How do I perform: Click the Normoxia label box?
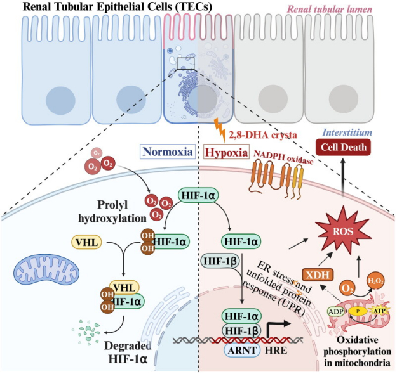click(x=168, y=152)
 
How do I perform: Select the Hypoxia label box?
click(x=226, y=152)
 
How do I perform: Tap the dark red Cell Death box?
click(x=343, y=147)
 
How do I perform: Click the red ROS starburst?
click(x=343, y=231)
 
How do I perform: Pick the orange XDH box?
click(x=318, y=275)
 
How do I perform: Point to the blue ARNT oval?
click(x=242, y=351)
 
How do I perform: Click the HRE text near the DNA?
click(x=276, y=351)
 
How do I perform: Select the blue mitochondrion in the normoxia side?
click(x=46, y=271)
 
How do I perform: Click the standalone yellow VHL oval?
click(x=87, y=242)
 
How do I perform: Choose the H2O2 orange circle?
click(x=376, y=281)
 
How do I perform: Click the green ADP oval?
click(x=336, y=311)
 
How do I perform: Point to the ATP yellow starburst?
click(x=379, y=311)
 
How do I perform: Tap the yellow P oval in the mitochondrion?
click(x=358, y=311)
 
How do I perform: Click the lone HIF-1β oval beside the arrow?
click(x=220, y=261)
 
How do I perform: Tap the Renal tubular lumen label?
click(x=330, y=10)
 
